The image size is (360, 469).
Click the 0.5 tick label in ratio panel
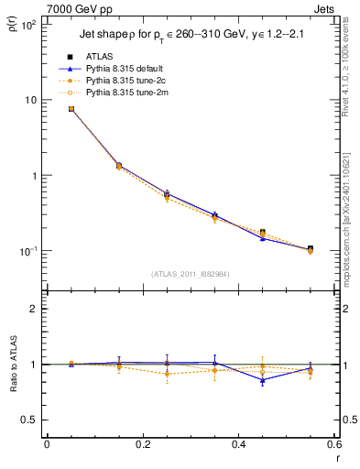pos(28,420)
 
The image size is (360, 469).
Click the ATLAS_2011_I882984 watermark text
pos(191,273)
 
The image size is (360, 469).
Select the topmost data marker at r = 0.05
pos(71,108)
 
